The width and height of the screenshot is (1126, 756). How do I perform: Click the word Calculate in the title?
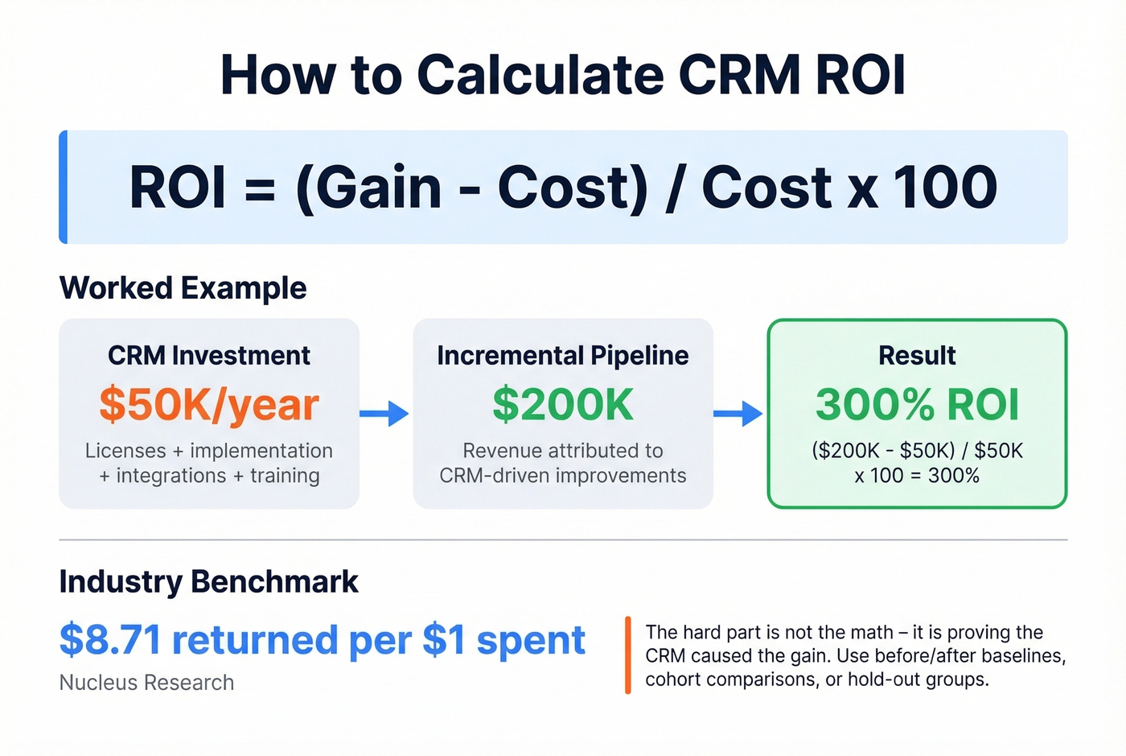[x=540, y=75]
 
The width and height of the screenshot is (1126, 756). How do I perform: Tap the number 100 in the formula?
[x=946, y=188]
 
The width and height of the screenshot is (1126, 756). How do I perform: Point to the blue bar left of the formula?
[x=64, y=187]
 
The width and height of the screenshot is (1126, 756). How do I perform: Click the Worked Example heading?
[x=183, y=288]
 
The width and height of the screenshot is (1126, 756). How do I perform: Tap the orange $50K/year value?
[x=209, y=404]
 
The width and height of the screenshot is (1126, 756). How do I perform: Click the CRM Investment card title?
[x=209, y=355]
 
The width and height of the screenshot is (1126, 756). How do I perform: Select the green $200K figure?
[x=563, y=404]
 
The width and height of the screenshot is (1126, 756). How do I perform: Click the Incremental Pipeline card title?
[x=563, y=355]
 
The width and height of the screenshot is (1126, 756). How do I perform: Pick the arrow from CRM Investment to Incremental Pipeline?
[x=384, y=414]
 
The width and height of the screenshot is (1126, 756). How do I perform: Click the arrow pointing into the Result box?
[x=738, y=414]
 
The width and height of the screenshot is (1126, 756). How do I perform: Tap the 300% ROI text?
[x=917, y=404]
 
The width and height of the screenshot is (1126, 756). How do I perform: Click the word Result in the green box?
[x=917, y=355]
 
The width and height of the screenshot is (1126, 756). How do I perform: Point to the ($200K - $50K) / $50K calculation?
[x=917, y=451]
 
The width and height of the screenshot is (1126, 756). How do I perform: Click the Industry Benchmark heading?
[x=208, y=581]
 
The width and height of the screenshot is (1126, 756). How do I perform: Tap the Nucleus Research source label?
[x=146, y=683]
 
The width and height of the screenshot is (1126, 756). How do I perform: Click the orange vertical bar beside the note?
[x=627, y=655]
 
